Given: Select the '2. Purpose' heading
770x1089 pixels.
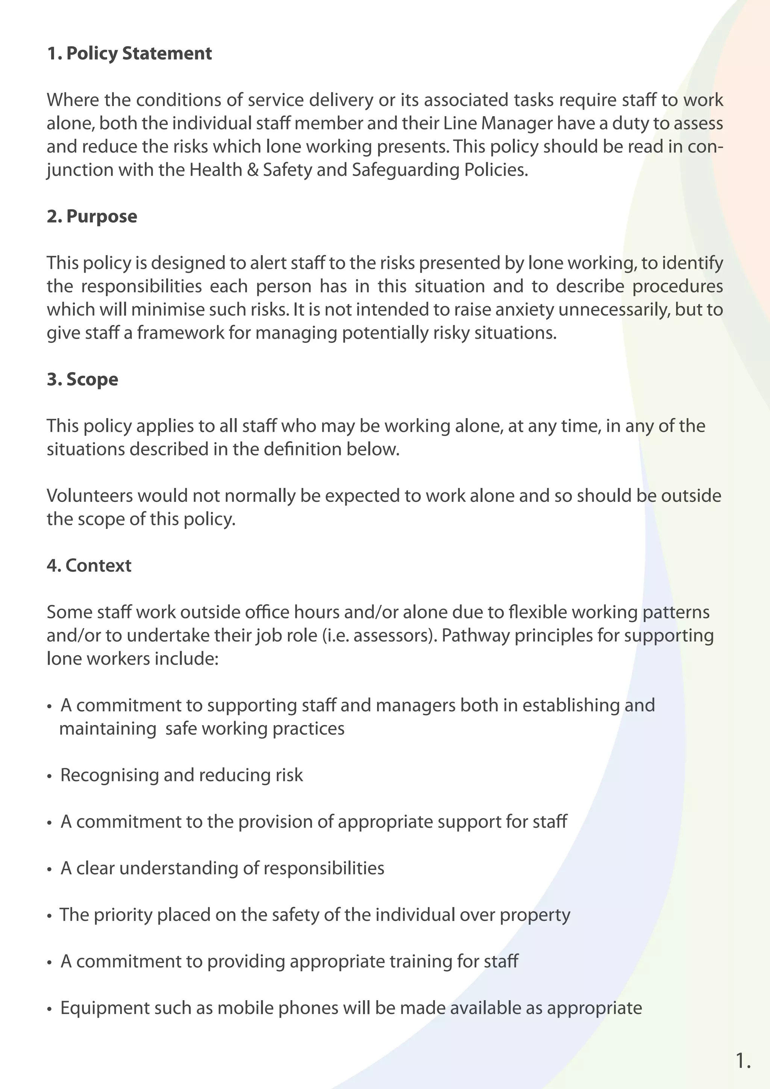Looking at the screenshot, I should [x=92, y=216].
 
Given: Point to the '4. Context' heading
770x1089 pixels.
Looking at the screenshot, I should [x=89, y=565].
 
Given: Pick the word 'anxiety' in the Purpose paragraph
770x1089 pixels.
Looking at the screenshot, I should [x=525, y=310].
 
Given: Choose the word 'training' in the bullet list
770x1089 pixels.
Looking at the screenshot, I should [x=420, y=962].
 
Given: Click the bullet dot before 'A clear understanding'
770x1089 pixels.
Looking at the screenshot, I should [x=49, y=869].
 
